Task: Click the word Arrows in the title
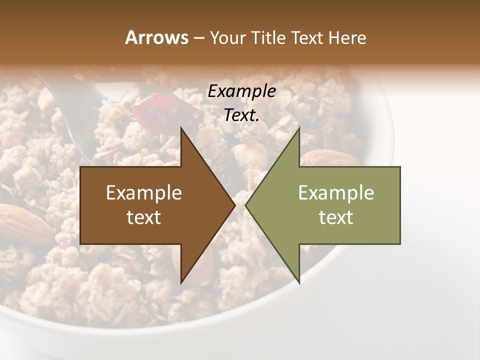tap(156, 37)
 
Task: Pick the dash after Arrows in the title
tap(198, 38)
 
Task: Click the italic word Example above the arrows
tap(241, 91)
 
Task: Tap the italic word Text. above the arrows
tap(241, 115)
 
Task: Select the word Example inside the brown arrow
tap(144, 193)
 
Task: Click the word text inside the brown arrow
tap(144, 217)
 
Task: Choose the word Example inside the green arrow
tap(336, 193)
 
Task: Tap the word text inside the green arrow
tap(336, 217)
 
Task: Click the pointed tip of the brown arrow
tap(234, 205)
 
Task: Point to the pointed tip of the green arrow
tap(246, 205)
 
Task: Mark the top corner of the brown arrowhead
tap(181, 128)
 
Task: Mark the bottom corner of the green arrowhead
tap(299, 283)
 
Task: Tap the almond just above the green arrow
tap(327, 158)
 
